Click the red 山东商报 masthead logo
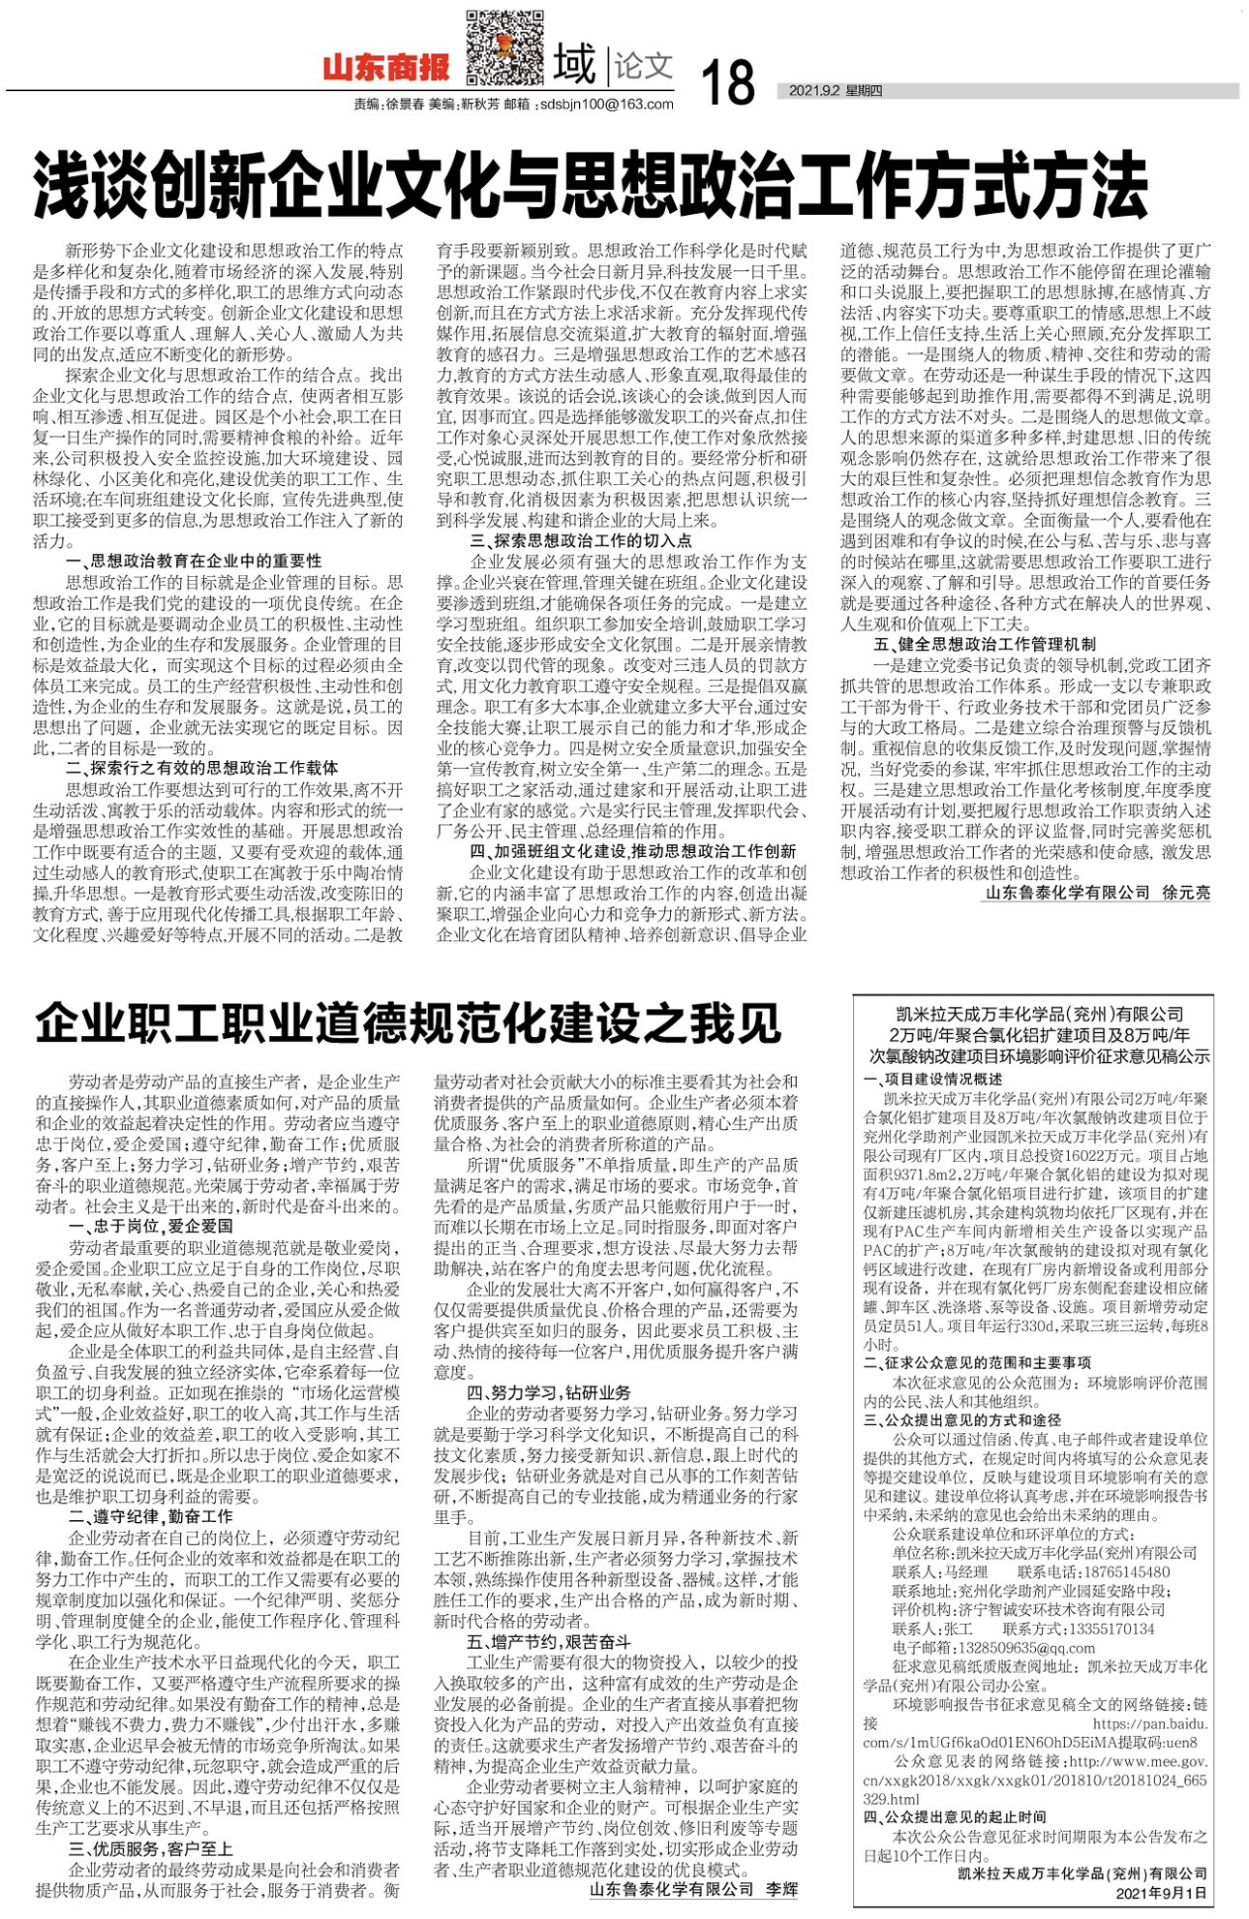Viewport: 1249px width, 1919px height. point(386,67)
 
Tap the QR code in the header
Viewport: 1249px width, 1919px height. point(504,47)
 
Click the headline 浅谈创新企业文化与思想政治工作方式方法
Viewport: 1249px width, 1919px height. point(591,184)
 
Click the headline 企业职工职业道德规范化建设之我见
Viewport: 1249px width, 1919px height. point(408,1022)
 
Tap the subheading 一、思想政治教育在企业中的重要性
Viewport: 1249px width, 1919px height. point(194,561)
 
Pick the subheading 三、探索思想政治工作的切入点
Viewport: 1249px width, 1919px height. point(581,540)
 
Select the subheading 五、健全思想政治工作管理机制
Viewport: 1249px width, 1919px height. point(985,644)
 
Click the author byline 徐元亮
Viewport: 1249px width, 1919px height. point(1186,893)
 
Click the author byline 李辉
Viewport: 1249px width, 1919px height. point(780,1888)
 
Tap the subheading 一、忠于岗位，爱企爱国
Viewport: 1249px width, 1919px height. point(151,1226)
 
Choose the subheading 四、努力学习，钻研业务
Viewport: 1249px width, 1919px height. point(548,1392)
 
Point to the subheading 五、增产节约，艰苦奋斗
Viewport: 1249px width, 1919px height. point(548,1642)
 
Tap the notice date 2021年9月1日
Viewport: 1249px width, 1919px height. point(1161,1892)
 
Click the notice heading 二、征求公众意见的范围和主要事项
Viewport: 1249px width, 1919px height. point(978,1362)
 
